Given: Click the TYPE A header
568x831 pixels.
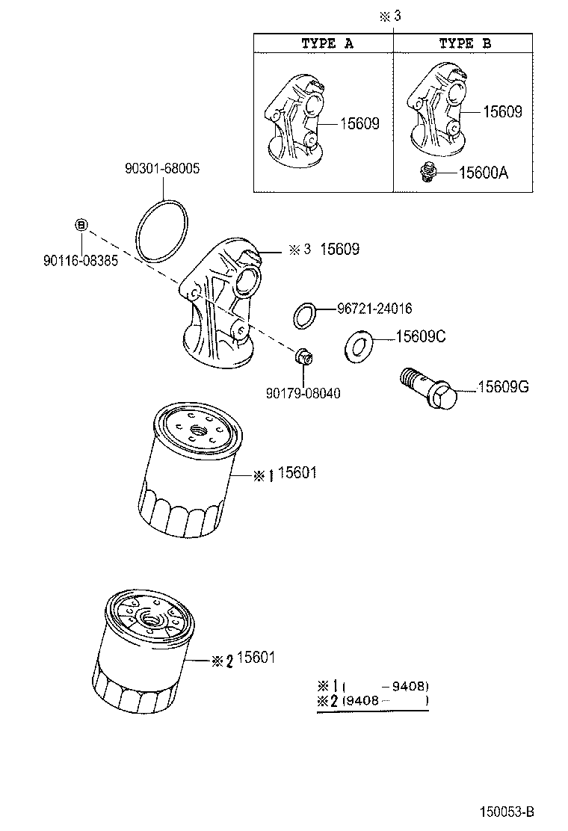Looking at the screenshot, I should (x=327, y=43).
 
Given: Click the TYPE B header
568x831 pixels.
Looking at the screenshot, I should (x=464, y=43).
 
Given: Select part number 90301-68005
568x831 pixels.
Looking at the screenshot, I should (x=162, y=169).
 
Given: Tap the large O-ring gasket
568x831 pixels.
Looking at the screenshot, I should (x=164, y=231).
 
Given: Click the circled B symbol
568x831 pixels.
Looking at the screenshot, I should (x=82, y=224).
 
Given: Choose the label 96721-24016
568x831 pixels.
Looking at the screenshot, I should (x=374, y=308).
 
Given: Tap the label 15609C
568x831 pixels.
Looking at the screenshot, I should (x=420, y=337).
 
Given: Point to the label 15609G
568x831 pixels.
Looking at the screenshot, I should (x=503, y=386).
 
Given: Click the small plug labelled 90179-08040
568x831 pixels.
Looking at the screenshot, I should (x=303, y=356).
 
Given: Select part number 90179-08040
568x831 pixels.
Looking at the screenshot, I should (x=302, y=393).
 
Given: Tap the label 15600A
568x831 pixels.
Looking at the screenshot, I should (x=483, y=173).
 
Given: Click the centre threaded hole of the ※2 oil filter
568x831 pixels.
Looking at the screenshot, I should (x=149, y=620).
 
